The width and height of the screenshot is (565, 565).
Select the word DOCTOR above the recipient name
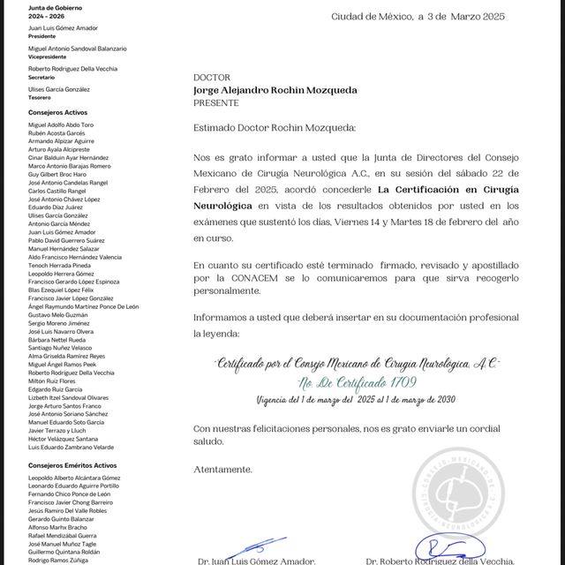(211, 77)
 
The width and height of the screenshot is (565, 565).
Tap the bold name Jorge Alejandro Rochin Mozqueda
(275, 89)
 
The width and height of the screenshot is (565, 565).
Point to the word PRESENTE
(215, 102)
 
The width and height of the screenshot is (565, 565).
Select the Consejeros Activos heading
(58, 113)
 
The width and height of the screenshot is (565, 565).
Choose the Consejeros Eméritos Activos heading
(72, 465)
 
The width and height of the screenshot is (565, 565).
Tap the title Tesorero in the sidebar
(41, 97)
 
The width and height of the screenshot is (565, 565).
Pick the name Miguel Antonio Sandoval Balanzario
(77, 49)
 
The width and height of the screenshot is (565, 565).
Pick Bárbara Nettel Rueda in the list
(56, 339)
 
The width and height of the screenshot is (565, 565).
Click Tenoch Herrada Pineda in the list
(59, 265)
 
